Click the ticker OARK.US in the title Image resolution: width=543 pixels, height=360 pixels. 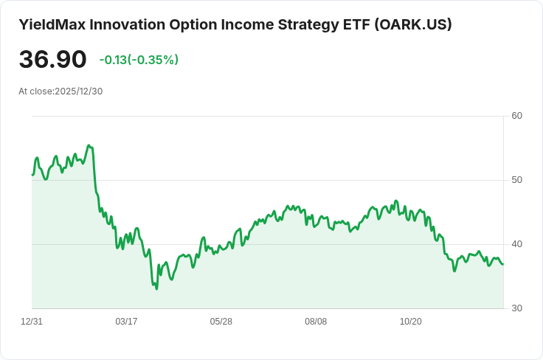[x=413, y=24]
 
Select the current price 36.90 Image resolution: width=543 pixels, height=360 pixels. [x=52, y=60]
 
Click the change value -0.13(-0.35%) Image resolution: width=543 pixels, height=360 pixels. [x=139, y=60]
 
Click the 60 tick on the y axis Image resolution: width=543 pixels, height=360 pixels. [x=516, y=116]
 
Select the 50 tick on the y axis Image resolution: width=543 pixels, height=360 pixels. [x=516, y=180]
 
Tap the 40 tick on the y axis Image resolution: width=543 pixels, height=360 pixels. [x=516, y=244]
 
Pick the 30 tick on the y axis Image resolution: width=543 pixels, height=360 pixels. [x=516, y=308]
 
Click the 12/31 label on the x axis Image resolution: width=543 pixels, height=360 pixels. [x=32, y=322]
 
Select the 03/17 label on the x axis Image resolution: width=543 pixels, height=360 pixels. [x=126, y=322]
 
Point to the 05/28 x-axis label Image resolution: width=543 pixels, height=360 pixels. [x=221, y=322]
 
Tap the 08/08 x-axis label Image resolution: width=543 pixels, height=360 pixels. [x=316, y=322]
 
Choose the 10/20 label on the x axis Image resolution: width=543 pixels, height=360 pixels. [x=410, y=322]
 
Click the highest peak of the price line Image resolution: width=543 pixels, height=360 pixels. [x=89, y=145]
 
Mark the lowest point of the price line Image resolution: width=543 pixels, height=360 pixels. [x=156, y=288]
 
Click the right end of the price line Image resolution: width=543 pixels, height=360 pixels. [x=503, y=264]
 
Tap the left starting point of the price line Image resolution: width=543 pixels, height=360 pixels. [x=32, y=175]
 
